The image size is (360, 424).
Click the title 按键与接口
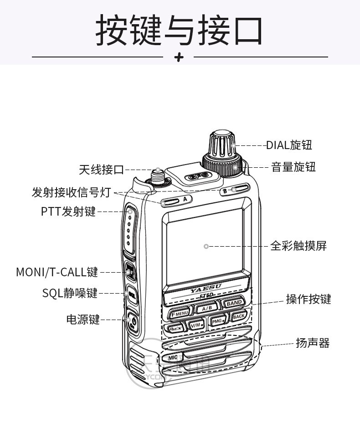179,31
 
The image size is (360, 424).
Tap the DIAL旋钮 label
289,145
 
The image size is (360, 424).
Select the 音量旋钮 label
293,167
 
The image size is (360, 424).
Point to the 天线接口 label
101,170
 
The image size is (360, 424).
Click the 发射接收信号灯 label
72,192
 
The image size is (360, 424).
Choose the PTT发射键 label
68,212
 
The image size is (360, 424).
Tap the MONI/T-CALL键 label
57,272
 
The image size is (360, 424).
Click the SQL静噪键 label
70,293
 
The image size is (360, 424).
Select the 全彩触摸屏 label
298,246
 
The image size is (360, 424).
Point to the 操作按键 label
309,299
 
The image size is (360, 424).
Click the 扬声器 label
312,343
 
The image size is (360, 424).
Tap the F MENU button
179,313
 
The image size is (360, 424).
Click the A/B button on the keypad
206,308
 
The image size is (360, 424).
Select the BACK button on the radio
239,316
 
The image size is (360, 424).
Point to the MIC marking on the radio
173,357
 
